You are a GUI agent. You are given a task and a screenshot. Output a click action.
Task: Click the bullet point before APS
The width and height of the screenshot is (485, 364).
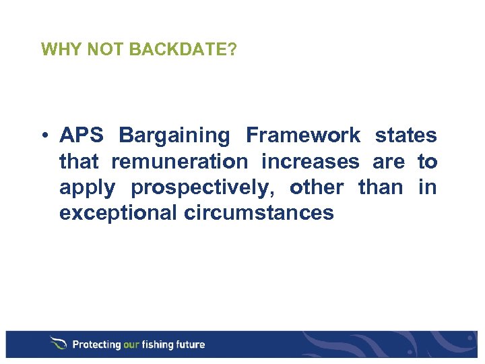[44, 136]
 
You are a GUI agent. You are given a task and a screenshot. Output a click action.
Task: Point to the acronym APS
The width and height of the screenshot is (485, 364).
[82, 135]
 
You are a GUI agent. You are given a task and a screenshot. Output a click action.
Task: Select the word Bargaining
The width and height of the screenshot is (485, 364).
[174, 135]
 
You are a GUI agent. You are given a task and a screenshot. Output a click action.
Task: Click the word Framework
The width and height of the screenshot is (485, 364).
[302, 135]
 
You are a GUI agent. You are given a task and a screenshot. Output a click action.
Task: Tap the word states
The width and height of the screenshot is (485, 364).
[406, 135]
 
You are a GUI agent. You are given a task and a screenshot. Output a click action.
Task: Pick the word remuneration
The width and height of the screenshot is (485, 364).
[179, 162]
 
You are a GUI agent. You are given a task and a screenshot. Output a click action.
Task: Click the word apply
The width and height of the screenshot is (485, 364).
[88, 188]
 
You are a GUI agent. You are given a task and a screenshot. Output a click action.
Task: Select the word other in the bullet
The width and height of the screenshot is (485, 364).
[317, 187]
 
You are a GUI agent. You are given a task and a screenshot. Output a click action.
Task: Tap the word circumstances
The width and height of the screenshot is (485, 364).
[258, 213]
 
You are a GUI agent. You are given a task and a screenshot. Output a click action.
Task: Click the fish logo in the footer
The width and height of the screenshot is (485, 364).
[59, 344]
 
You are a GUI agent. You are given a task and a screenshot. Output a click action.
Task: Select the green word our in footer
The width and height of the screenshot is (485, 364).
[132, 344]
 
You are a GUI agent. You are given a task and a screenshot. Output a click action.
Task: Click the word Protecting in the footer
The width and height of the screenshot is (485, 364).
[96, 344]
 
